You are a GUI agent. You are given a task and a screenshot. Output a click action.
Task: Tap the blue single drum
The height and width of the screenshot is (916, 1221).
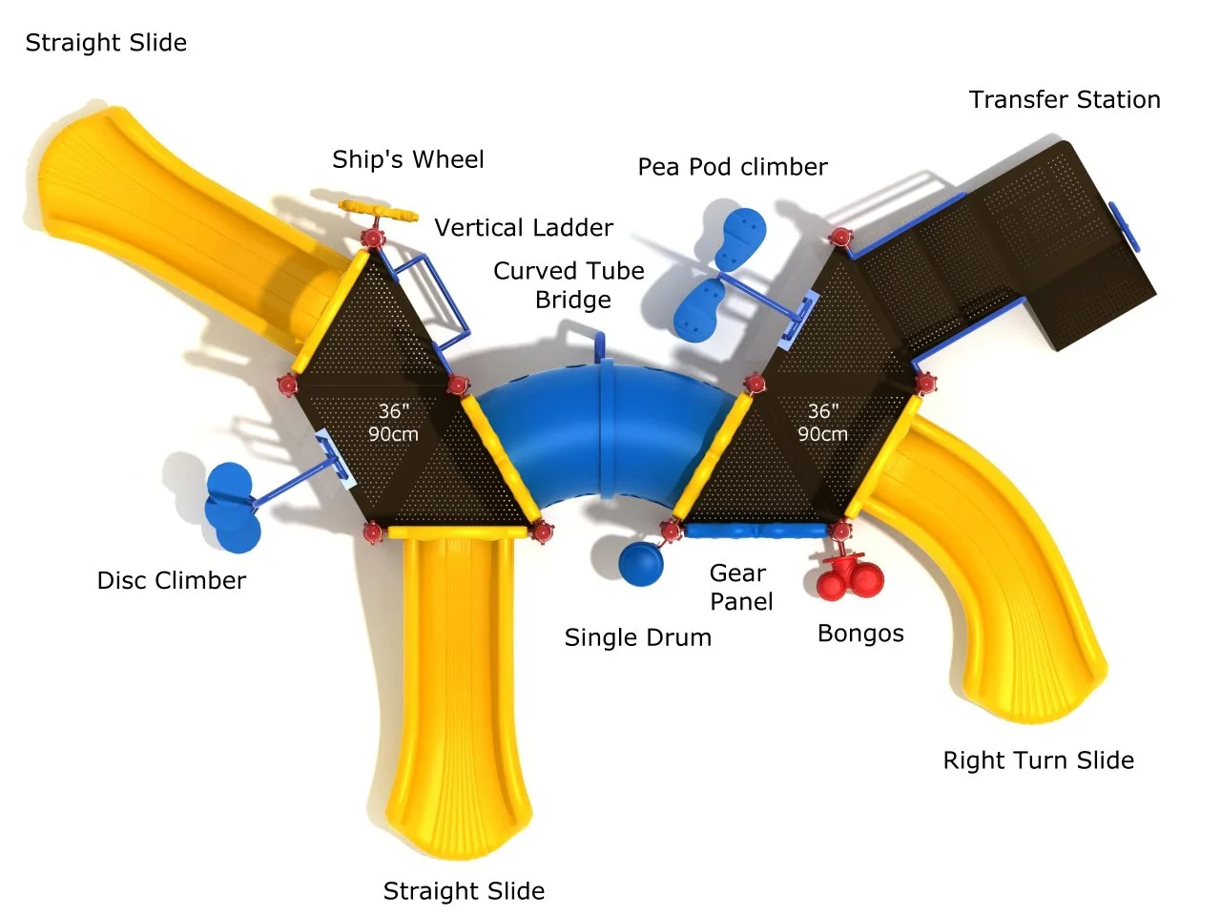pos(640,563)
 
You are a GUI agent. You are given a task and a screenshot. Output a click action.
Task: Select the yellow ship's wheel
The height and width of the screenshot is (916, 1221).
pos(379,210)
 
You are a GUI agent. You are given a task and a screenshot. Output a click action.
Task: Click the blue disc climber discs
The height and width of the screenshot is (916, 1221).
pos(232,508)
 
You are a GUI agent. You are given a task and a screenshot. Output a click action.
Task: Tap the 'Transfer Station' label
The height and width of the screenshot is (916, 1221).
pos(1065,100)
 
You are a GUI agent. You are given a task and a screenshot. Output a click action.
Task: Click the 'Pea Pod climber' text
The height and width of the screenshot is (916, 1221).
pos(733,167)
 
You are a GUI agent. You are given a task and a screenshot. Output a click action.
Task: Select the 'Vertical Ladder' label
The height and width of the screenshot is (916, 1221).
pos(524,228)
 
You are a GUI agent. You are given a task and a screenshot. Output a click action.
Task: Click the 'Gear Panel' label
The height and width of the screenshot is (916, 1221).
pos(740,588)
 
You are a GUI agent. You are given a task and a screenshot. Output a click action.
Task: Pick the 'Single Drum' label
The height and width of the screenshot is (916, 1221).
pos(637,638)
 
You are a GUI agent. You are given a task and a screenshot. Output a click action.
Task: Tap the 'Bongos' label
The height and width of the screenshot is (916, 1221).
pos(860,635)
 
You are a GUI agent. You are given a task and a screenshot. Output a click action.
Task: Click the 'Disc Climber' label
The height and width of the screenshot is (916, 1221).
pos(172,581)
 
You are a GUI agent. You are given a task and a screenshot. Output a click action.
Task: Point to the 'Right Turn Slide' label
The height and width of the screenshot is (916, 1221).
pos(1038,760)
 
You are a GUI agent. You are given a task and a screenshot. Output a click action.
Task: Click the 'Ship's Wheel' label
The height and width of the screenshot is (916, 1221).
pos(407,160)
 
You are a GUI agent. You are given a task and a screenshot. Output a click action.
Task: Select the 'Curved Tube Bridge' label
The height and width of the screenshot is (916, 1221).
pos(569,285)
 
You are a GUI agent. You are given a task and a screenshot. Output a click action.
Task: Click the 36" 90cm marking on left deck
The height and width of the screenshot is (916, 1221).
pos(393,423)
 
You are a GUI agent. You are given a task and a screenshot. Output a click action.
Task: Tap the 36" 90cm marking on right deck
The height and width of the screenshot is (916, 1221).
pos(822,423)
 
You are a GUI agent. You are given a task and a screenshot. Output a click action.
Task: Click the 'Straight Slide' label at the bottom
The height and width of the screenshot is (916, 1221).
pos(464,891)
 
